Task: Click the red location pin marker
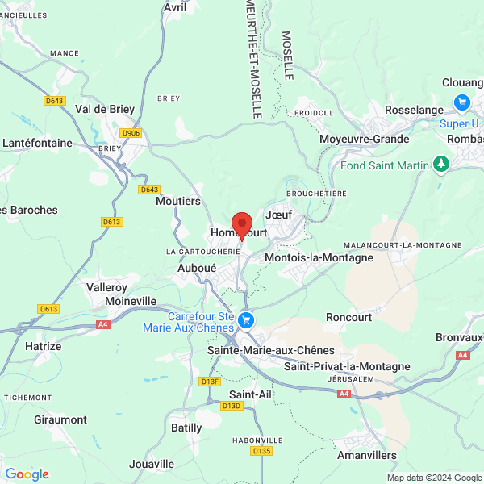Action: (x=241, y=224)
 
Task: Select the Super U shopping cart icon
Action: (x=461, y=102)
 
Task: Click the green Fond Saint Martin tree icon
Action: (x=440, y=165)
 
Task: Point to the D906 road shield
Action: (x=130, y=133)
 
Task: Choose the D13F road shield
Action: (x=211, y=381)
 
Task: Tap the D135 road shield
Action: (x=261, y=451)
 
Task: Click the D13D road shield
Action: (x=232, y=406)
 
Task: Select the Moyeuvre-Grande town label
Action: (x=364, y=139)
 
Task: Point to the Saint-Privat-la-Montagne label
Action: (x=347, y=366)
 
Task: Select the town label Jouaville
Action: (x=152, y=464)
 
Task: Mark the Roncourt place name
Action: (x=348, y=317)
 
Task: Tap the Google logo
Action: (x=27, y=474)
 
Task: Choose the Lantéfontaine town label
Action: (x=37, y=143)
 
